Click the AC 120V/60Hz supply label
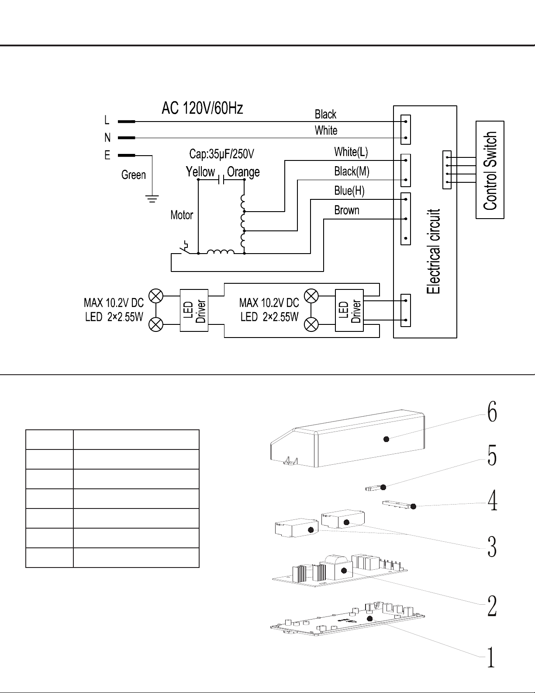point(202,108)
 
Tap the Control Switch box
point(490,170)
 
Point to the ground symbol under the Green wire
point(152,199)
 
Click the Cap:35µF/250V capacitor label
point(222,154)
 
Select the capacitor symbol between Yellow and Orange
point(221,180)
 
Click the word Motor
point(182,215)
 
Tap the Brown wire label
point(346,210)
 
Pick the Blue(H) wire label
point(349,191)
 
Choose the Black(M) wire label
point(352,171)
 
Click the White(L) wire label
point(351,152)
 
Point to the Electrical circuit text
point(433,251)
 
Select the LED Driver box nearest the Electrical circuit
point(349,310)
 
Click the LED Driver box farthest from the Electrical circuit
point(194,310)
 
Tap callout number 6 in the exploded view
point(492,412)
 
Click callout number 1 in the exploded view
point(491,657)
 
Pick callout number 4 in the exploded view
point(492,501)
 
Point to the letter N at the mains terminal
point(107,138)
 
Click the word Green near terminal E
point(134,175)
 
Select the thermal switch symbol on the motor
point(184,247)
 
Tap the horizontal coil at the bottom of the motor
point(221,252)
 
